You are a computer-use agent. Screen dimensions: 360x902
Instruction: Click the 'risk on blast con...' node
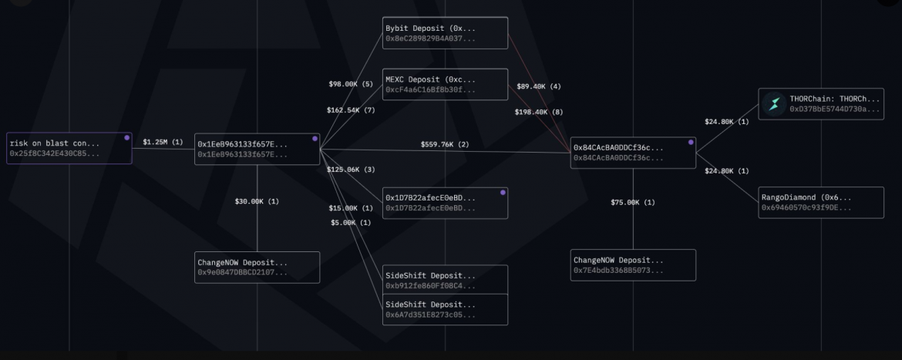pos(69,148)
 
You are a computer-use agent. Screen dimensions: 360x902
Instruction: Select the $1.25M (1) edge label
pos(163,142)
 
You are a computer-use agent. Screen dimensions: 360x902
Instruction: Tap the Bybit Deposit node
pos(446,33)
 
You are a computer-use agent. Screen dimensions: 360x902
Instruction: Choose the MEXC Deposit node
pos(446,84)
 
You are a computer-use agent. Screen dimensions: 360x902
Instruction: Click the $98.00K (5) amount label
pos(351,83)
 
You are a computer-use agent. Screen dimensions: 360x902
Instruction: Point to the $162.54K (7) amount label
pos(351,110)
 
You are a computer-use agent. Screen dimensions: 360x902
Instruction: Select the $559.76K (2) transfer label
pos(445,144)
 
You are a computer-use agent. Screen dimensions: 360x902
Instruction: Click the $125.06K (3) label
pos(351,169)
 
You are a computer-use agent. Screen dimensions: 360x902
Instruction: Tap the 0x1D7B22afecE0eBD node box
pos(446,203)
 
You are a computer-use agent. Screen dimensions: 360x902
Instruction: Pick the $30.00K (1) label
pos(257,201)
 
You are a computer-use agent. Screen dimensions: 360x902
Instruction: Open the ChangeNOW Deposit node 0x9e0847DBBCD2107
pos(257,267)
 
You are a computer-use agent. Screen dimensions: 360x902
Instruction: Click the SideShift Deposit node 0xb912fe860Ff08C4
pos(446,280)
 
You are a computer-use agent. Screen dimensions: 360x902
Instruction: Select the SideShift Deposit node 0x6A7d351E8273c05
pos(446,308)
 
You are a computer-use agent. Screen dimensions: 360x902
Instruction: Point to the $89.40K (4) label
pos(539,86)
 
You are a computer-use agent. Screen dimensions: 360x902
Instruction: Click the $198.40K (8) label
pos(539,112)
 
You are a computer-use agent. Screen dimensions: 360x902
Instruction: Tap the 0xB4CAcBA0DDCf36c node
pos(634,153)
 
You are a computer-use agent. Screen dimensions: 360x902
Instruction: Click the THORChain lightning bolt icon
pos(773,104)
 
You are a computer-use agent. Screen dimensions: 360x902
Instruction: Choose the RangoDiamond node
pos(821,202)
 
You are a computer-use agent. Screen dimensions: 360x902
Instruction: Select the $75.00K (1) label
pos(633,202)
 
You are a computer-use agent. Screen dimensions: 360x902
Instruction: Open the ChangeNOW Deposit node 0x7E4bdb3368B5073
pos(634,265)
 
